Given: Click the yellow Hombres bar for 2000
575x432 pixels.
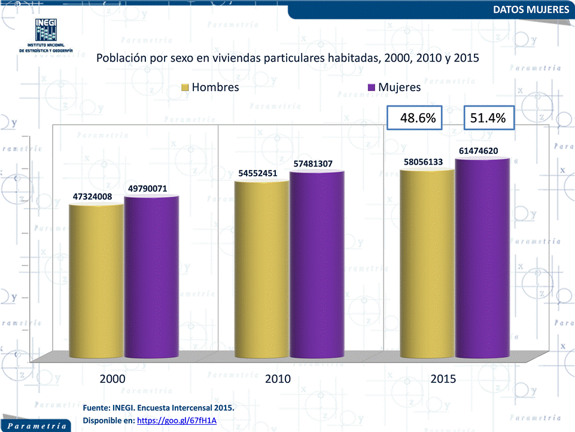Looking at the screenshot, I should click(96, 282).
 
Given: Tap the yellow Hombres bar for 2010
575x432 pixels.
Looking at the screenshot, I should click(261, 270).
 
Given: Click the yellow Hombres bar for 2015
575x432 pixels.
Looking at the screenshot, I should click(427, 264).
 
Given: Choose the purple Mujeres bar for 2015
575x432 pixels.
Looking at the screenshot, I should click(482, 259).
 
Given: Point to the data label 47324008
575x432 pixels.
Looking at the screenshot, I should click(93, 196).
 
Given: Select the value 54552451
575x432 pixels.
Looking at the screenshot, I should click(258, 173).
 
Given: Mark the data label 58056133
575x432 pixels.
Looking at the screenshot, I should click(423, 162).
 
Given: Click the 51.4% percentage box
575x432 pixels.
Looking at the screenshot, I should click(488, 119).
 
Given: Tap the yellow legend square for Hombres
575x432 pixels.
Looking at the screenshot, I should click(185, 87).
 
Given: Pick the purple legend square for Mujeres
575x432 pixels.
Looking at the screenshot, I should click(372, 87).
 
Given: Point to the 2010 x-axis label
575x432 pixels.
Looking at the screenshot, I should click(278, 379).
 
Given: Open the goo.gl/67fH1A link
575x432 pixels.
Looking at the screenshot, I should click(177, 421).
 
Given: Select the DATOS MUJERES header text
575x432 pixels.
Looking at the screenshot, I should click(531, 10).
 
